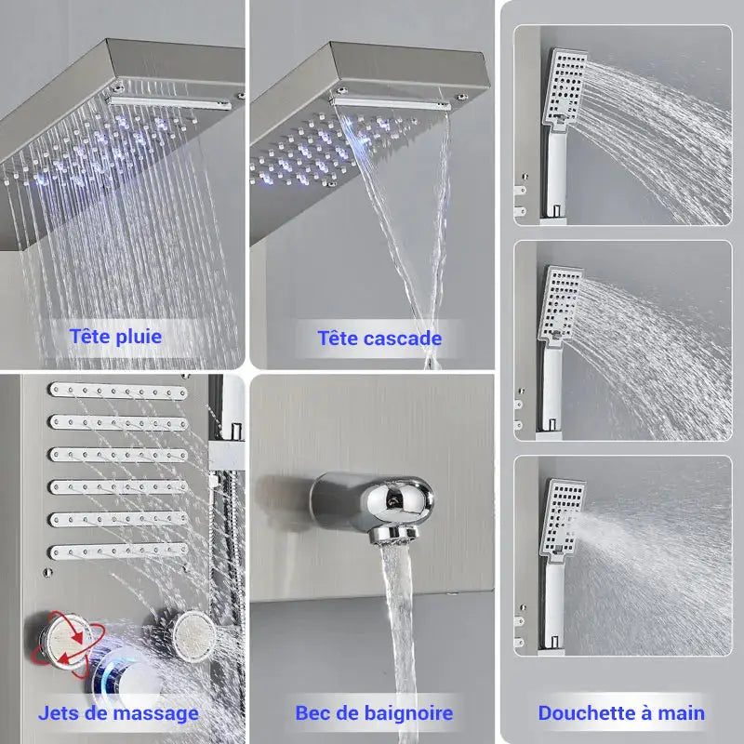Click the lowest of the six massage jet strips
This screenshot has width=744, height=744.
pos(118,551)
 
